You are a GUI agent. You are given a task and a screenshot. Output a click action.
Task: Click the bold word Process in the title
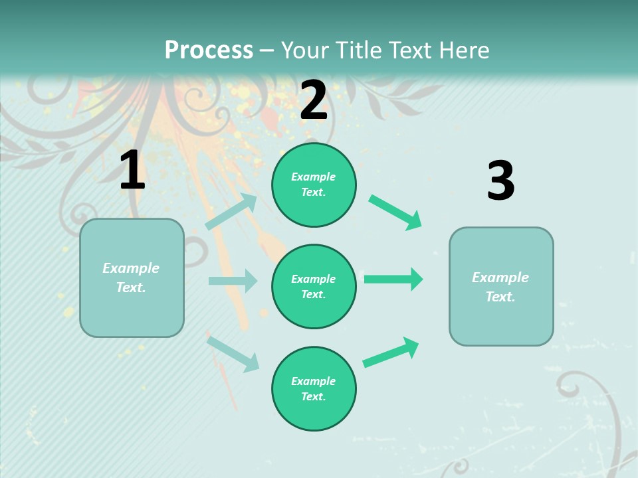tap(209, 50)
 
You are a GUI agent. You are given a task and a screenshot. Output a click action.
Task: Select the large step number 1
tap(132, 171)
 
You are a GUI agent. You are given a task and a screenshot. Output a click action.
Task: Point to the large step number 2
tap(314, 100)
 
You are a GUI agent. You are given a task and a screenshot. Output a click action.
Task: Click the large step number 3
tap(500, 181)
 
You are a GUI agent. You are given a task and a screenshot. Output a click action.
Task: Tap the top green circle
tap(314, 185)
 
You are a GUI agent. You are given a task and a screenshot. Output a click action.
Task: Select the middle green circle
tap(314, 287)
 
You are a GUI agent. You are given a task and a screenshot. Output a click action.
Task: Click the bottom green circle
tap(314, 389)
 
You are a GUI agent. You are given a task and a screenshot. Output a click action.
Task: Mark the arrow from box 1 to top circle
tap(231, 211)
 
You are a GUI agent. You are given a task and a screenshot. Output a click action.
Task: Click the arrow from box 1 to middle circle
tap(233, 281)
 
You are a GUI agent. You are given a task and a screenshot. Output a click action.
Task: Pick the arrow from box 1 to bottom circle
tap(233, 353)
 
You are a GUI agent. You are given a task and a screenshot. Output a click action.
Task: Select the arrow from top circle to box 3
tap(395, 212)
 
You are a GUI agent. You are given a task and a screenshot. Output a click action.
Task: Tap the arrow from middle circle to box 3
tap(393, 279)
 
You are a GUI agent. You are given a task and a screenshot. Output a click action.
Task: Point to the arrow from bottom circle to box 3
tap(391, 352)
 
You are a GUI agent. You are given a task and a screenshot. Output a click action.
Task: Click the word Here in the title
tap(461, 50)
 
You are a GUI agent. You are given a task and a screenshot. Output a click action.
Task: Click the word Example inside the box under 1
tap(131, 268)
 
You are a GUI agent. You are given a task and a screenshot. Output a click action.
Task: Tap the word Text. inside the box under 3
tap(500, 297)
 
